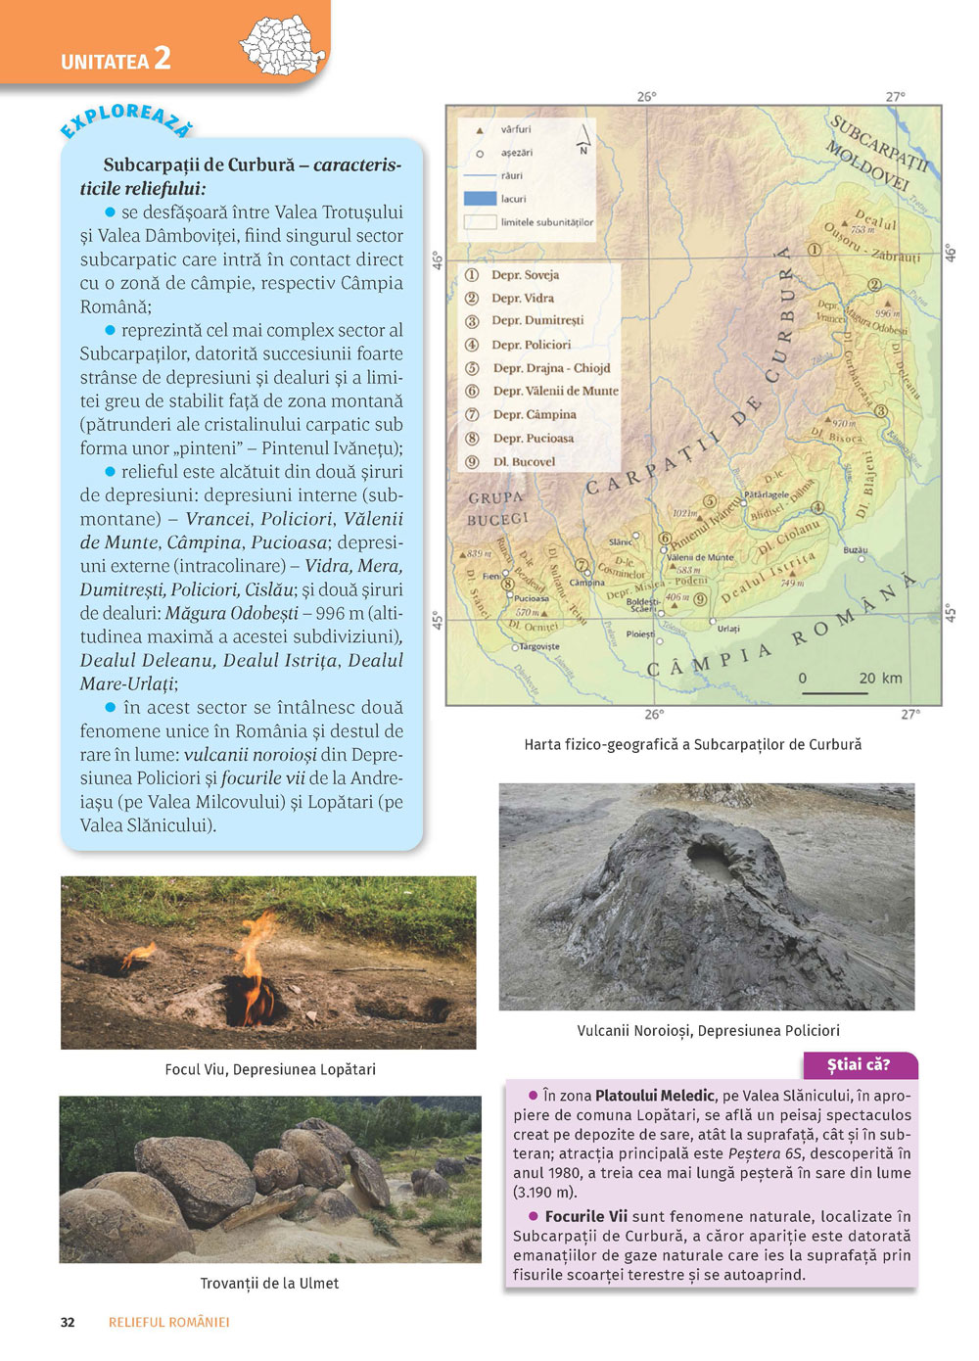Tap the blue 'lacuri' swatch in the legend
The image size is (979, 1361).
coord(480,199)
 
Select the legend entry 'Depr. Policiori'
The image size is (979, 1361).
coord(531,345)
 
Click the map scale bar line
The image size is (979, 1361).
coord(834,692)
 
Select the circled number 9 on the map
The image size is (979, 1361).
coord(700,599)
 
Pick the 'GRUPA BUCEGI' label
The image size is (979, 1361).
coord(496,508)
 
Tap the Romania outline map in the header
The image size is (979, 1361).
coord(283,45)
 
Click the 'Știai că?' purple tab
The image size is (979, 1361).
coord(859,1065)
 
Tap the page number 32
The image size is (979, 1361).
coord(68,1322)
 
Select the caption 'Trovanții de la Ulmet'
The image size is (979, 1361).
coord(269,1283)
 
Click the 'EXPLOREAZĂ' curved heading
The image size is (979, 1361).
coord(126,120)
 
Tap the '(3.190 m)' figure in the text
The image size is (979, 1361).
coord(545,1193)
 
